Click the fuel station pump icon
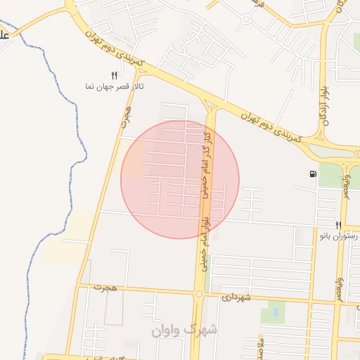click(x=311, y=174)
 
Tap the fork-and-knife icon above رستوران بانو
click(x=338, y=225)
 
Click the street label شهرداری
click(x=236, y=297)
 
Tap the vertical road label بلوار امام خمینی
click(x=203, y=246)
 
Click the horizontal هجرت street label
click(x=107, y=289)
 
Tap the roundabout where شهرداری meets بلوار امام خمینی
click(x=200, y=295)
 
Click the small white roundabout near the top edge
click(x=246, y=19)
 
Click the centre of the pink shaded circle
click(x=180, y=179)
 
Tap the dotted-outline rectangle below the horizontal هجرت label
click(x=114, y=308)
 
